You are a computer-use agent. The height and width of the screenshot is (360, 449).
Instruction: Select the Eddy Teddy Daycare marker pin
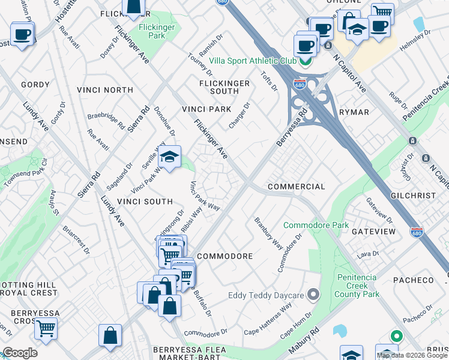click(313, 295)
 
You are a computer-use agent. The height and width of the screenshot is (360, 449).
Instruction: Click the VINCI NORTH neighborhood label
click(105, 90)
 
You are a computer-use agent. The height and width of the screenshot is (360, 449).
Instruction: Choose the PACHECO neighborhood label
click(413, 280)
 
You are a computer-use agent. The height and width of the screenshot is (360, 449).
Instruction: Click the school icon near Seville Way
click(170, 158)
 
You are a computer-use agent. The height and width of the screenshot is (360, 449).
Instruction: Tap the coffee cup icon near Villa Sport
click(305, 45)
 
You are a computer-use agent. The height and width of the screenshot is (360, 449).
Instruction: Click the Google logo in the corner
click(20, 353)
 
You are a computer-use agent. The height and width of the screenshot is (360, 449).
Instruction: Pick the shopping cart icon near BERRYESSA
click(46, 329)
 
